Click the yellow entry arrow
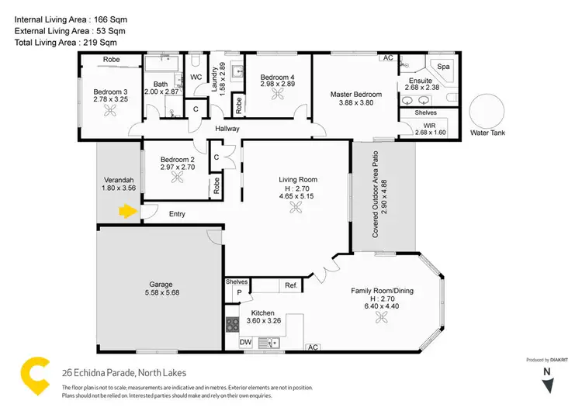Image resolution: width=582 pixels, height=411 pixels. coord(125,209)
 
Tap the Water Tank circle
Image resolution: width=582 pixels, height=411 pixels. coord(490,114)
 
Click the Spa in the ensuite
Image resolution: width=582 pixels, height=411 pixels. coord(445,67)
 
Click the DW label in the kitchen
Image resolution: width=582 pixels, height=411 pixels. coord(244,342)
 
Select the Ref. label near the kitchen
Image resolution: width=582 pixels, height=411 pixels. coord(292,286)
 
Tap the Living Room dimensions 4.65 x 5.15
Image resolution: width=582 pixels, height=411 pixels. coord(298,197)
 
